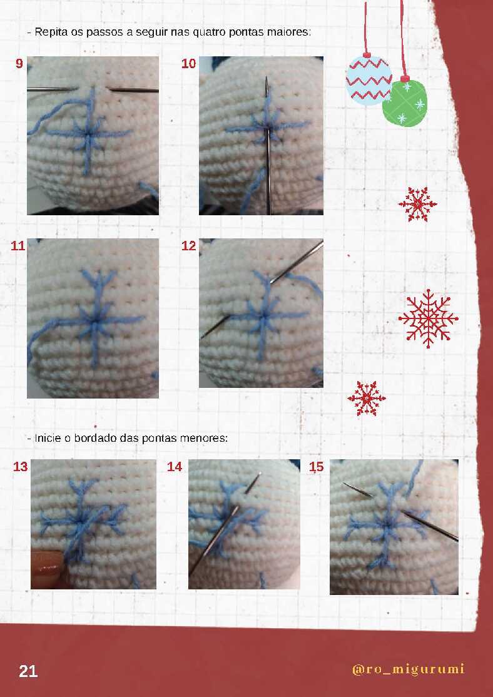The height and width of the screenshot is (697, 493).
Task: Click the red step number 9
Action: tap(19, 64)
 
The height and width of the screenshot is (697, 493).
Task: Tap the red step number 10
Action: tap(188, 64)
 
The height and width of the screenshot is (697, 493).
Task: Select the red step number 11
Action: tap(18, 245)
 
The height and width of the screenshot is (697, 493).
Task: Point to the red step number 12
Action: tap(188, 245)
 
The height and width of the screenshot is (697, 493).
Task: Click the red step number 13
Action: tap(21, 467)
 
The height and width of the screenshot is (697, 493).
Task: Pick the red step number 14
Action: tap(175, 467)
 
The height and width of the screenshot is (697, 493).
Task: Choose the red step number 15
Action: tap(316, 467)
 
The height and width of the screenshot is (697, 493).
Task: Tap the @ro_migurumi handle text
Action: tap(408, 669)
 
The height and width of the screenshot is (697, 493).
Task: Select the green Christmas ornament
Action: tap(405, 101)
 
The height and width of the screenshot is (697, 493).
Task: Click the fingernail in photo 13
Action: tap(47, 567)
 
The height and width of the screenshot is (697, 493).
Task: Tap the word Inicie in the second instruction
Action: tap(48, 438)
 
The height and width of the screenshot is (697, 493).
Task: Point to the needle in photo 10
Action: tap(268, 145)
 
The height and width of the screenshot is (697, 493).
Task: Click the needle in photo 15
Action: tap(400, 511)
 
